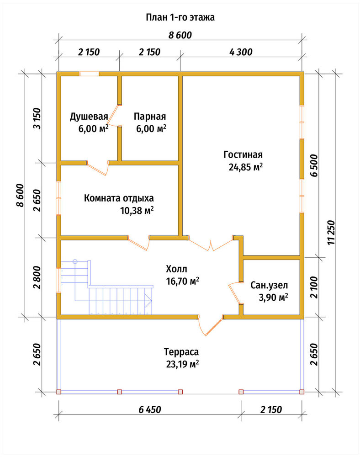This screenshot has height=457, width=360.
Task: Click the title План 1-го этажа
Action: point(180,17)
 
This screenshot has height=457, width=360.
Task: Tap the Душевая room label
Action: point(89,117)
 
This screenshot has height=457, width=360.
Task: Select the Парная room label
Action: point(150,117)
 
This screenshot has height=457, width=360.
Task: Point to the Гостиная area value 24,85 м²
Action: point(245,167)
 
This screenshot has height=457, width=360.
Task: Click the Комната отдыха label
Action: point(119,198)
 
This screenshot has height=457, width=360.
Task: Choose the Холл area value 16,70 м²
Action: point(183,281)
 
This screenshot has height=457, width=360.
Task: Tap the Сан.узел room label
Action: point(269,285)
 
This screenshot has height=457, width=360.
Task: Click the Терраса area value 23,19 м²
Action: point(183,364)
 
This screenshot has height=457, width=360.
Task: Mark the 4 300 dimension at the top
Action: point(241,52)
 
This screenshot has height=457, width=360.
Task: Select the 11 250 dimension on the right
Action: point(332,232)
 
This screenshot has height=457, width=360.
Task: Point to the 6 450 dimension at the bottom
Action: point(150,409)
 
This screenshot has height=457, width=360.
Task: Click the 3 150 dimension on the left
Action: point(37,119)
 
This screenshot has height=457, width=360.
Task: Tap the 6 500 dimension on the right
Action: point(314,165)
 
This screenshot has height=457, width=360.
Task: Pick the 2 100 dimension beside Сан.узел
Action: point(314,287)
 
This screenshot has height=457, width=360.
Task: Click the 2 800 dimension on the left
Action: point(37,277)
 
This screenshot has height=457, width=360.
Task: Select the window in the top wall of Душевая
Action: point(89,74)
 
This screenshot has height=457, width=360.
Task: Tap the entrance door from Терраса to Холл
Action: point(210,325)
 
